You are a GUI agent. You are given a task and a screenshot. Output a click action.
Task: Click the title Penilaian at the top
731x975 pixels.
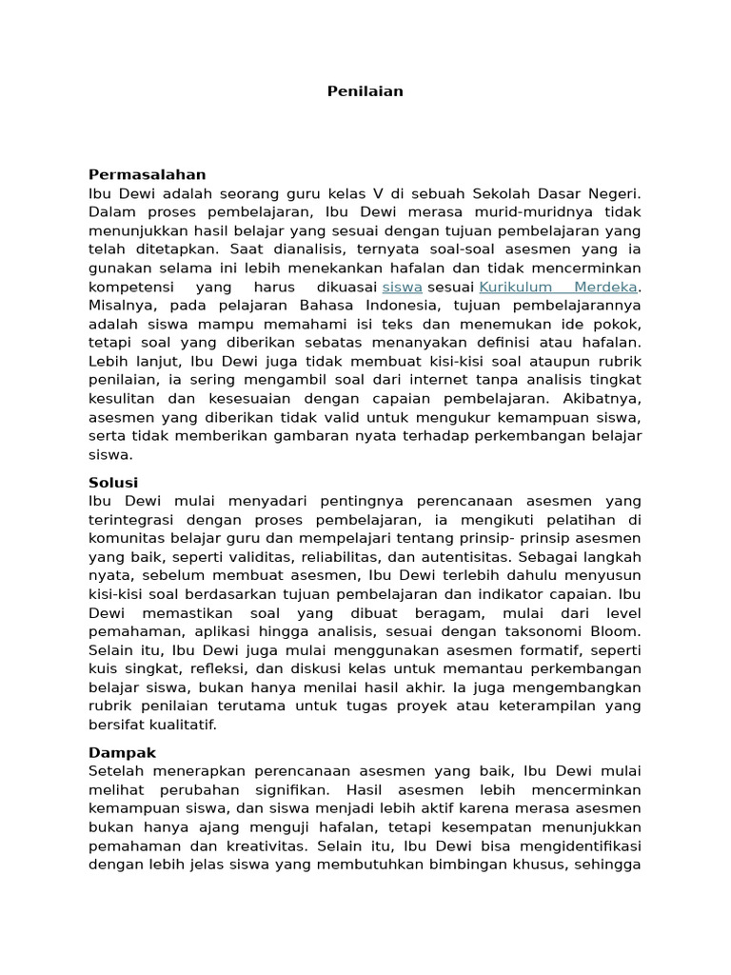tap(365, 91)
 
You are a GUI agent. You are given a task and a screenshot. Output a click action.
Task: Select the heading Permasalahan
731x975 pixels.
tap(147, 174)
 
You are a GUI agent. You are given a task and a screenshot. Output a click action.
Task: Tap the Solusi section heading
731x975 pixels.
tap(113, 483)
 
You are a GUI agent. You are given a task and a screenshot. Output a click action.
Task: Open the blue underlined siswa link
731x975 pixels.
tap(402, 287)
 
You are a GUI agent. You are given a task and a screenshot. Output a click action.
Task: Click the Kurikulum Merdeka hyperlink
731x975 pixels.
tap(558, 287)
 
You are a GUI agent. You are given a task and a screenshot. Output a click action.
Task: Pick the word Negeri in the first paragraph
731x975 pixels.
tap(617, 193)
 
